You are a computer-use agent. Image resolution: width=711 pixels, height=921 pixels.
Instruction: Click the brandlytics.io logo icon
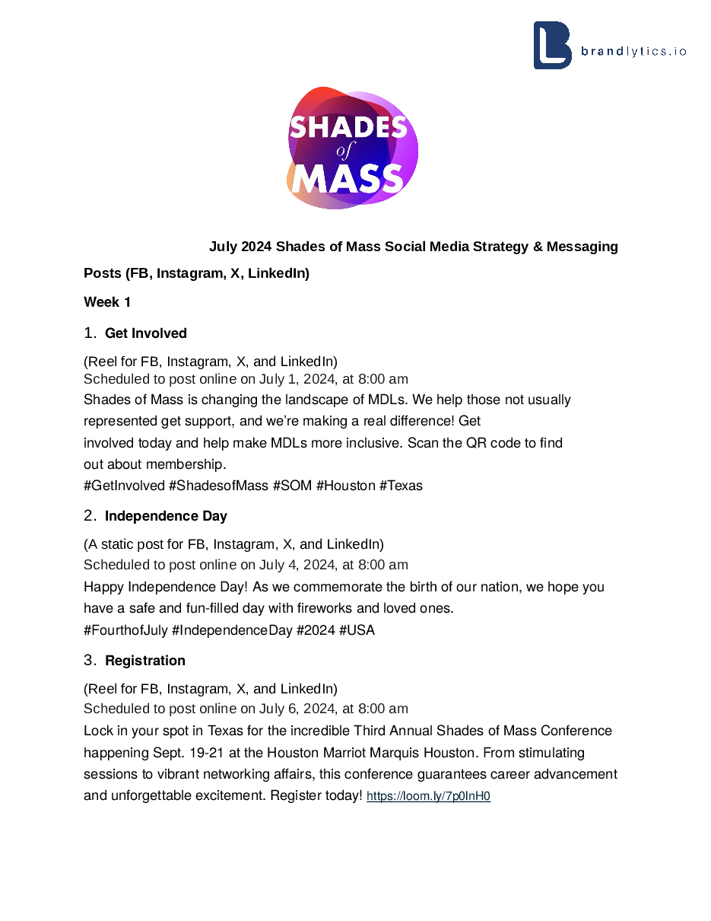pos(552,46)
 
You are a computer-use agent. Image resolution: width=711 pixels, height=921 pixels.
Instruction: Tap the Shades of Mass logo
pos(352,149)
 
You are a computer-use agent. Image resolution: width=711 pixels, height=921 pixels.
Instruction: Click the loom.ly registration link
pos(428,797)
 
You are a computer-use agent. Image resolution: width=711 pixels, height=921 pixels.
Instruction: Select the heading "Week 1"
pos(107,302)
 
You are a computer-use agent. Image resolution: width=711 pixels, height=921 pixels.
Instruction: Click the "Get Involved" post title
pos(145,333)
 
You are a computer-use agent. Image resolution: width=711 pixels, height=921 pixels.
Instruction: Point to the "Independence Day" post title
pos(166,516)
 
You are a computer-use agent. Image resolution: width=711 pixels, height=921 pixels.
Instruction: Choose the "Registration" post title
pos(144,661)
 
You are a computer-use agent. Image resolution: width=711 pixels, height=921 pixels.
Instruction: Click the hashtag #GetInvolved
pos(124,486)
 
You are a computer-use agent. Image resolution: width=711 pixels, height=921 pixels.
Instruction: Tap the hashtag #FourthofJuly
pos(125,630)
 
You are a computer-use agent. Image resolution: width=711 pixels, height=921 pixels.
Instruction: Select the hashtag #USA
pos(357,630)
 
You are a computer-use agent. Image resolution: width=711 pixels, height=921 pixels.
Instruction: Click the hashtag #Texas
pos(401,486)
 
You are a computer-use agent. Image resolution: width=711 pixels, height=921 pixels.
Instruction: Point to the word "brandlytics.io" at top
pos(633,52)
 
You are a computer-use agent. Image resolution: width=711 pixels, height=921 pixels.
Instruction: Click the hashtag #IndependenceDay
pos(232,630)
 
